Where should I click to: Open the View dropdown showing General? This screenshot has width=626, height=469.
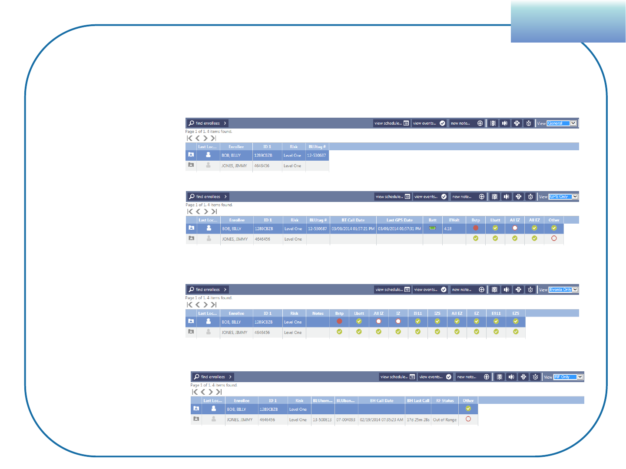coord(562,123)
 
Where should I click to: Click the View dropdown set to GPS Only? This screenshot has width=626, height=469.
coord(563,197)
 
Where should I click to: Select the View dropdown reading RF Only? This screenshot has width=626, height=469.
coord(568,377)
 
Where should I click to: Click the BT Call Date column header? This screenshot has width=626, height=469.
coord(353,220)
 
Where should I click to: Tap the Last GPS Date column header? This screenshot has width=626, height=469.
coord(399,220)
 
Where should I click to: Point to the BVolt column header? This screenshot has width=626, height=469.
coord(454,220)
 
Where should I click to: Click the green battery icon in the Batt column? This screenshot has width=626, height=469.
coord(432,228)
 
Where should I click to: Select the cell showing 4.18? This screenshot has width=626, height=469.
coord(448,229)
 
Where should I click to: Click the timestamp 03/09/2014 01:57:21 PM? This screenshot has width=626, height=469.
coord(353,229)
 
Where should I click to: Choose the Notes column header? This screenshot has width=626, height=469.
coord(318,314)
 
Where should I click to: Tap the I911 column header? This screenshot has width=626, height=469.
coord(417,314)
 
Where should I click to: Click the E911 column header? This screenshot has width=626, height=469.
coord(496,314)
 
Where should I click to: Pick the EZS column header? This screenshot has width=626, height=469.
coord(516,314)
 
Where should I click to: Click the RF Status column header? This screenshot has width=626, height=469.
coord(445,401)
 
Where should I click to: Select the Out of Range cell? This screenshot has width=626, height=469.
coord(445,420)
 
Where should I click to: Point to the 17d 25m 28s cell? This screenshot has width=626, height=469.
coord(418,420)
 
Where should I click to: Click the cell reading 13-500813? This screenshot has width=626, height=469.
coord(322,420)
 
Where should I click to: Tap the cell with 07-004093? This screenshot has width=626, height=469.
coord(345,420)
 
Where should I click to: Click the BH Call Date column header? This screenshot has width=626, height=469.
coord(381,401)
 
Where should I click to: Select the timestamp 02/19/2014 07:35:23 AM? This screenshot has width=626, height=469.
coord(381,420)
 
